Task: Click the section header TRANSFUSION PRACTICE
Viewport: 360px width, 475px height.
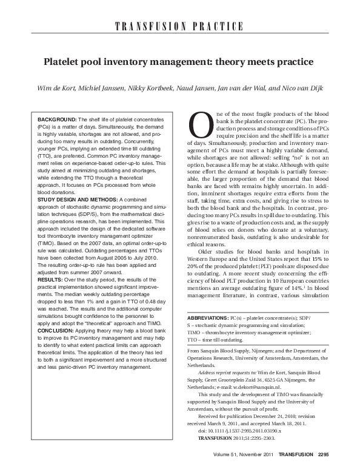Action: point(179,27)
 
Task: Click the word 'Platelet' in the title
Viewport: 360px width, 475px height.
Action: point(64,62)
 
